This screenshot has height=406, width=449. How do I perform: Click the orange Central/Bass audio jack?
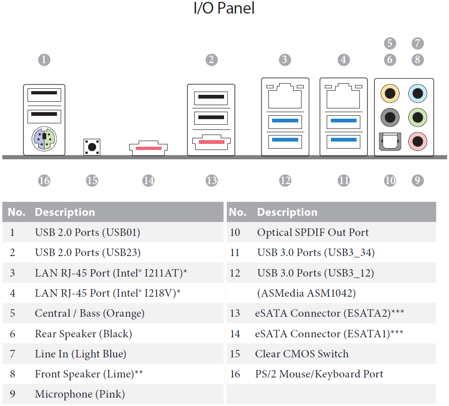(x=390, y=93)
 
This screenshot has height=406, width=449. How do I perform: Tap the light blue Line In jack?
(x=418, y=93)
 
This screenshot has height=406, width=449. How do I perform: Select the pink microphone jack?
(x=418, y=142)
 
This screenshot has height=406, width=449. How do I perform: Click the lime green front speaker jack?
(x=418, y=117)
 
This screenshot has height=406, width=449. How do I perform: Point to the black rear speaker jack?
(x=390, y=117)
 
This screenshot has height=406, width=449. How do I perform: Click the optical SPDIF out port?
(x=390, y=142)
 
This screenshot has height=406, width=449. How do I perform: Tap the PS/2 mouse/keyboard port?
(x=44, y=139)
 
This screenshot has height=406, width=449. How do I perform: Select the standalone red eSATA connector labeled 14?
(x=148, y=148)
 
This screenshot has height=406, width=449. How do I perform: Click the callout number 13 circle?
(x=211, y=180)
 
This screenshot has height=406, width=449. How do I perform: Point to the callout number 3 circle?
(x=285, y=60)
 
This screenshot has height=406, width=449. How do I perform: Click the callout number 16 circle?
(x=44, y=180)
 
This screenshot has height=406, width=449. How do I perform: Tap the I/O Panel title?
(x=224, y=8)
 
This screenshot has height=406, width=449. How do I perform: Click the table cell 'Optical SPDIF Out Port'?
(x=313, y=232)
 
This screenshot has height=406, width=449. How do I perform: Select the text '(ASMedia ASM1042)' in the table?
(x=306, y=293)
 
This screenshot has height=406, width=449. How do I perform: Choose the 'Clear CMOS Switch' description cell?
(x=302, y=354)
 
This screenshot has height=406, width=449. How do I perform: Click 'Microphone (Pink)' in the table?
(x=80, y=394)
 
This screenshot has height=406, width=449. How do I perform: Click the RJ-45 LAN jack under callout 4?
(x=344, y=96)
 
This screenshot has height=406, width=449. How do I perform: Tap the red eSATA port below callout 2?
(x=211, y=142)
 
